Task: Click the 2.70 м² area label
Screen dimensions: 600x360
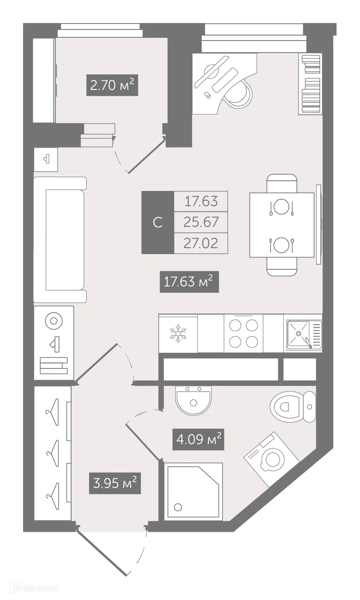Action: (x=112, y=85)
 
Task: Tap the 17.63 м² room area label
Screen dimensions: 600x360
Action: (x=189, y=282)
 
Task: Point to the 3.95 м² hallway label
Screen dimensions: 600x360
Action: (x=114, y=483)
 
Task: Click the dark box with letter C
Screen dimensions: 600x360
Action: (x=157, y=222)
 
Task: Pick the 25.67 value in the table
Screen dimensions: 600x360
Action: (x=201, y=222)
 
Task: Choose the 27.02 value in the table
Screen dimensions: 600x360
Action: (x=201, y=243)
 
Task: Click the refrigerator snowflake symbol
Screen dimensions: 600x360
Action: (x=178, y=333)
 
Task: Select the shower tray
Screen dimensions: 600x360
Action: (x=193, y=492)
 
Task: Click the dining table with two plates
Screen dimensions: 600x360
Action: (x=282, y=225)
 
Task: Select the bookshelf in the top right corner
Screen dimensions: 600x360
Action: (x=310, y=83)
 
